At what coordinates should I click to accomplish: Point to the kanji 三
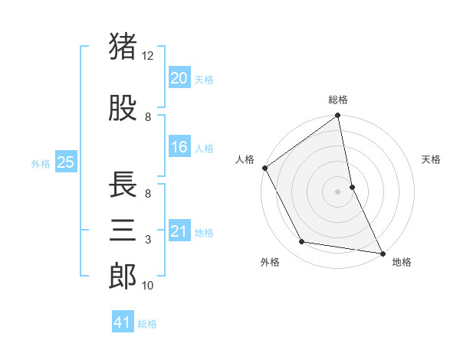pyautogui.click(x=123, y=230)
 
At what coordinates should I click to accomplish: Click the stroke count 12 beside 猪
pyautogui.click(x=148, y=56)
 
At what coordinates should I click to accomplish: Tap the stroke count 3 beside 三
pyautogui.click(x=148, y=240)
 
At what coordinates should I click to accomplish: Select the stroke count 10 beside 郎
pyautogui.click(x=148, y=286)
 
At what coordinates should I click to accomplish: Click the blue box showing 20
pyautogui.click(x=179, y=77)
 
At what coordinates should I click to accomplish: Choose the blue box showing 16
pyautogui.click(x=179, y=147)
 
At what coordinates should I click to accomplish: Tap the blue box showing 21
pyautogui.click(x=179, y=231)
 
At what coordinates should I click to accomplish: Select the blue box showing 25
pyautogui.click(x=66, y=162)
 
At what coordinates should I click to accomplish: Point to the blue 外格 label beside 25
pyautogui.click(x=41, y=163)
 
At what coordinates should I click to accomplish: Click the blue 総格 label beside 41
pyautogui.click(x=147, y=324)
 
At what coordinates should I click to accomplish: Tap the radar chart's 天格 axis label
pyautogui.click(x=432, y=160)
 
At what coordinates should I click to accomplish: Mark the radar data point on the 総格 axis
pyautogui.click(x=337, y=116)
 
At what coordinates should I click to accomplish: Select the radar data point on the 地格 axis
pyautogui.click(x=382, y=253)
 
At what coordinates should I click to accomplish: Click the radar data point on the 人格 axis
pyautogui.click(x=264, y=168)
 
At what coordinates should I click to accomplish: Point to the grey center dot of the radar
pyautogui.click(x=337, y=191)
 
